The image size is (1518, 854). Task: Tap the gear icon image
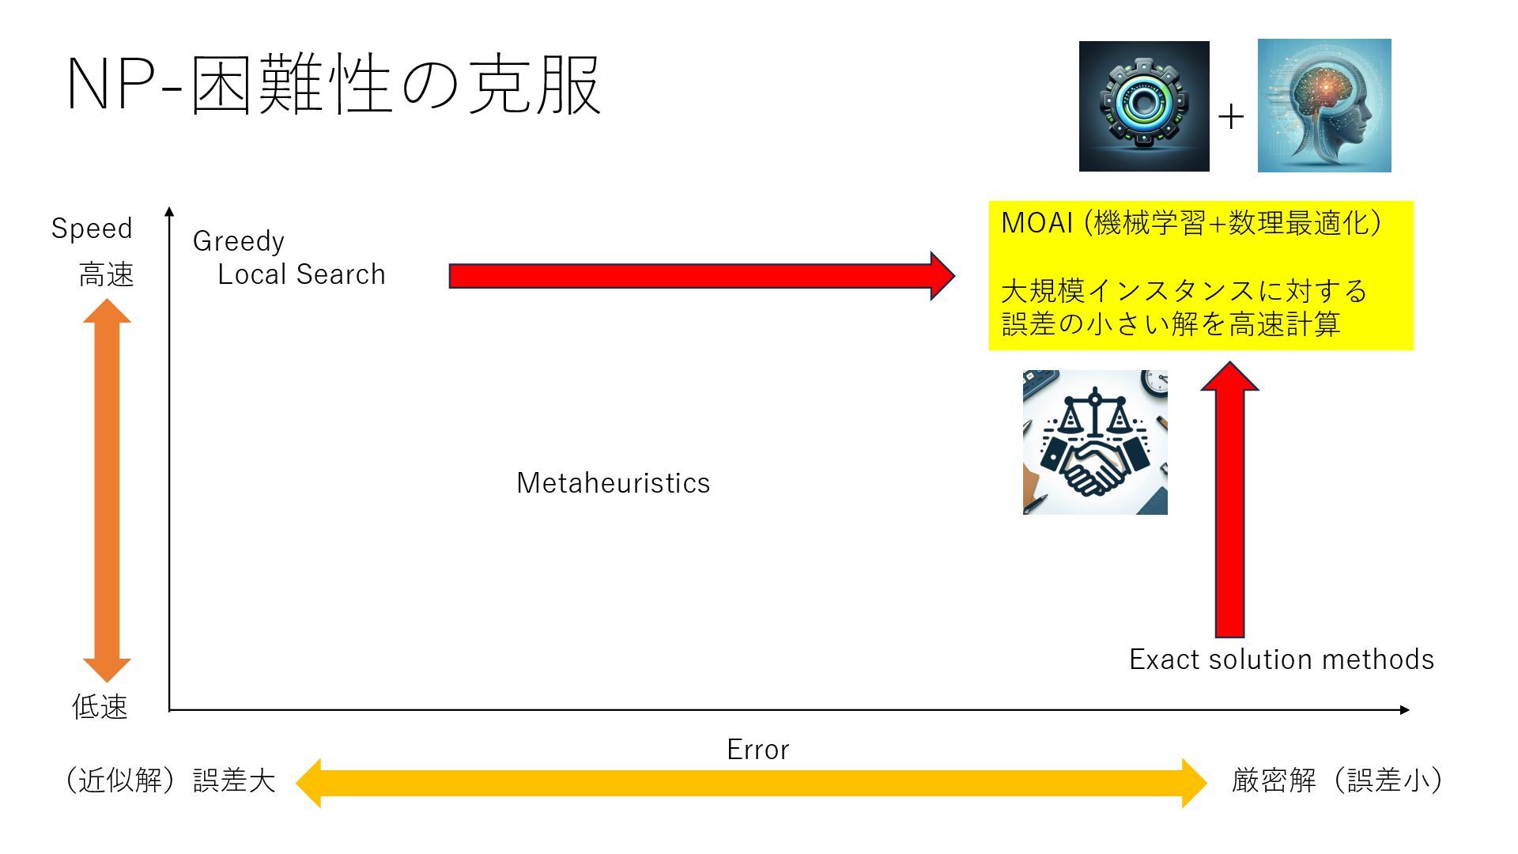tap(1143, 106)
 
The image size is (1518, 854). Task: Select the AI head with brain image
tap(1324, 105)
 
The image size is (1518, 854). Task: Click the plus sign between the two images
tap(1231, 117)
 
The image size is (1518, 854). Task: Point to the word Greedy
tap(238, 241)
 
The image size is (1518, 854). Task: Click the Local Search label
tap(301, 274)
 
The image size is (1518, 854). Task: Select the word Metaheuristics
tap(613, 483)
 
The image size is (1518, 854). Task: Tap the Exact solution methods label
tap(1281, 659)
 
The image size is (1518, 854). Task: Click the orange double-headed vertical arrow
tap(107, 490)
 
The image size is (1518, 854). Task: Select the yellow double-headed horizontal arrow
tap(751, 783)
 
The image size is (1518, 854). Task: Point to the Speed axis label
tap(92, 229)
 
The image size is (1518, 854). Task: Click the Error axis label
tap(757, 750)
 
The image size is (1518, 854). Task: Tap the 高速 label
tap(106, 275)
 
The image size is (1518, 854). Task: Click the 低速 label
tap(100, 707)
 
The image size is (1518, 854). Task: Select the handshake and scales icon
tap(1095, 442)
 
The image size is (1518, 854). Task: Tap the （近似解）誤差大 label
tap(170, 780)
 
